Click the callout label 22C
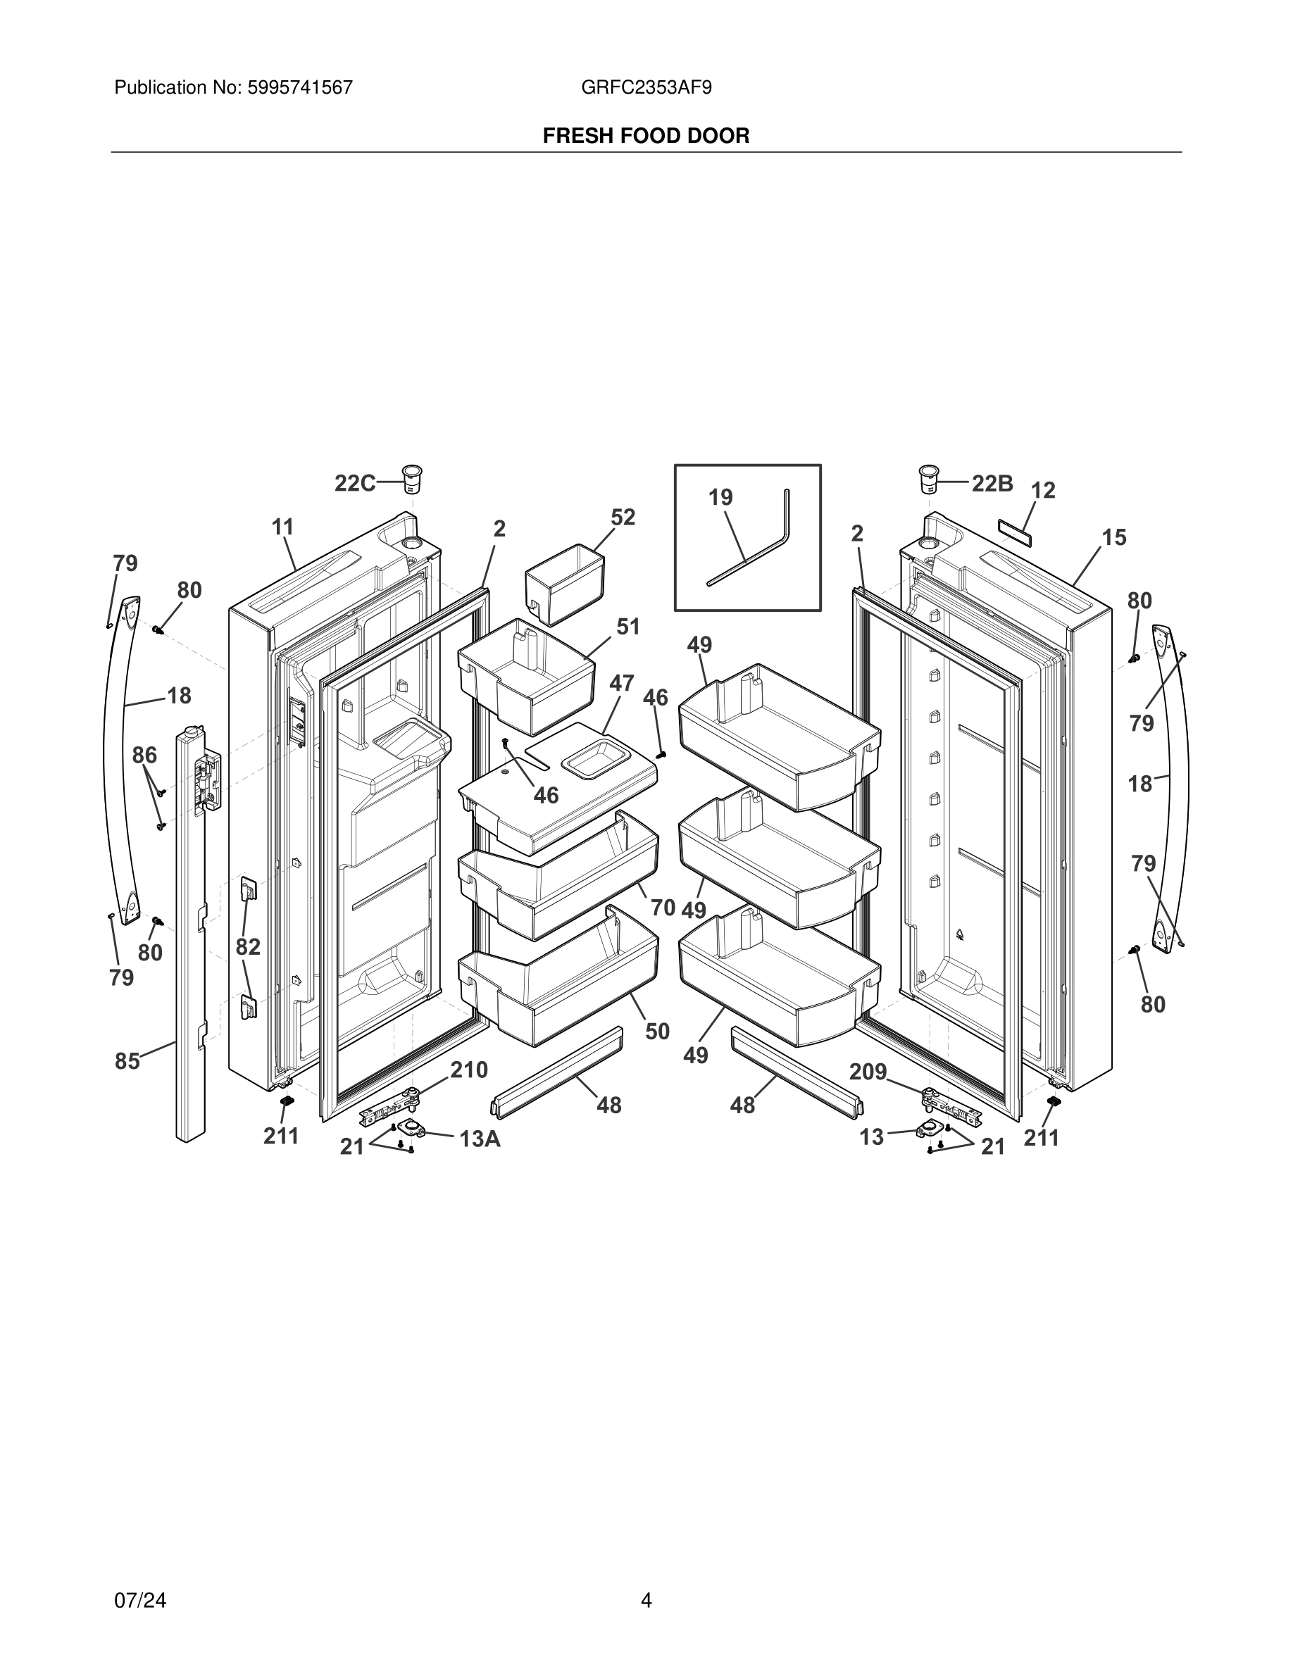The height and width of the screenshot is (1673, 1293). click(x=354, y=483)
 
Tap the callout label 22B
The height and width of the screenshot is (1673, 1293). click(x=992, y=483)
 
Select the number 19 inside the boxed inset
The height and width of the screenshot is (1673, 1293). click(x=720, y=498)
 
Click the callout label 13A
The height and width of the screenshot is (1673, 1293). click(x=480, y=1139)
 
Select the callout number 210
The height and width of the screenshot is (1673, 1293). click(x=469, y=1070)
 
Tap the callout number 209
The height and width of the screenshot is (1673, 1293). click(x=868, y=1072)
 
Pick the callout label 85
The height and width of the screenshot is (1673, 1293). click(x=127, y=1061)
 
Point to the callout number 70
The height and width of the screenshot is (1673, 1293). click(x=663, y=908)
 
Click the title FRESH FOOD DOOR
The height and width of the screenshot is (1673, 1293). click(x=646, y=137)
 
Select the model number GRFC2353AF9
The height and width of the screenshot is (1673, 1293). click(x=646, y=88)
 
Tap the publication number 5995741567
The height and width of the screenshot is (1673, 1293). click(x=299, y=88)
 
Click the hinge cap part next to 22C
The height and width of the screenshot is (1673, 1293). click(x=413, y=480)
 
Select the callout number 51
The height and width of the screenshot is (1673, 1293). click(x=628, y=627)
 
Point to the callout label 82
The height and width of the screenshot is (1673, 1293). click(x=247, y=947)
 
